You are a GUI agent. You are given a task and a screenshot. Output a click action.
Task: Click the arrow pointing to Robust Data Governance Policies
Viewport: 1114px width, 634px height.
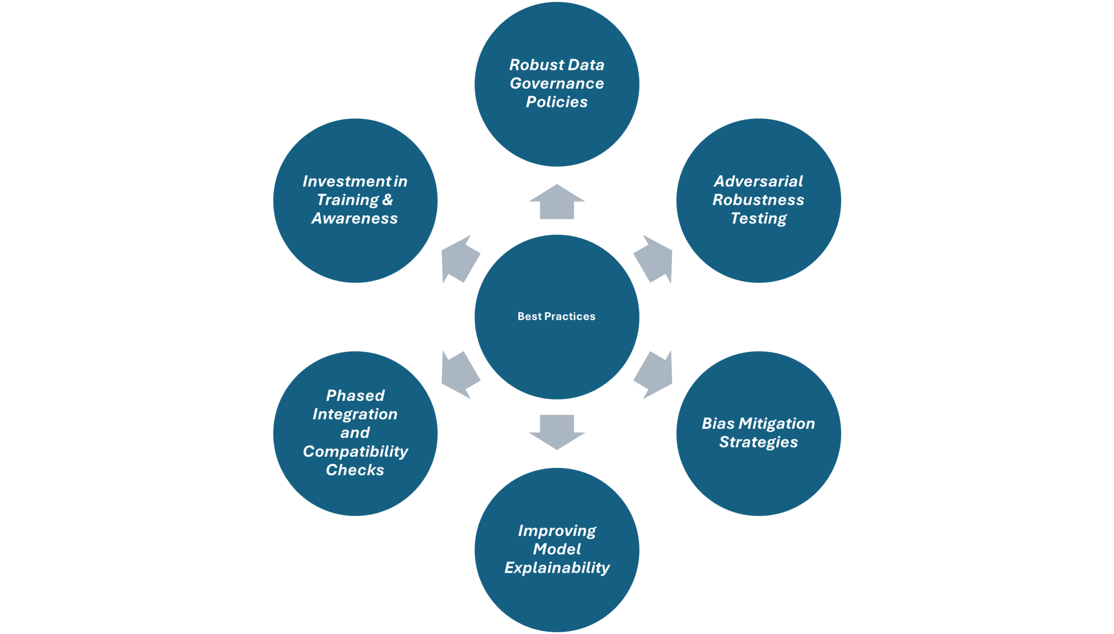(557, 202)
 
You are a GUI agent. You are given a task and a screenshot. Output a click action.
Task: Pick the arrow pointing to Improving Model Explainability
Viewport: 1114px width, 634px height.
(557, 432)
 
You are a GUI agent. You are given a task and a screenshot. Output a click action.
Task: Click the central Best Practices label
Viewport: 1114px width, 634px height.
(556, 316)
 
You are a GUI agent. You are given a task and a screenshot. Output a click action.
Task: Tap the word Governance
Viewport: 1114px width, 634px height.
(557, 83)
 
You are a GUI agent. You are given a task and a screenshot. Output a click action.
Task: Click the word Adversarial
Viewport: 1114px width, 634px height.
(758, 181)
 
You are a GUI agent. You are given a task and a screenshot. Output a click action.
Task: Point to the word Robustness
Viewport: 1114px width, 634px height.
(758, 200)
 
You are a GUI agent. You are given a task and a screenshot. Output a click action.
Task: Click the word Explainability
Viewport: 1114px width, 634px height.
(557, 568)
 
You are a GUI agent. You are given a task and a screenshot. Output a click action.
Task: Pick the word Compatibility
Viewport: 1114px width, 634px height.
(355, 452)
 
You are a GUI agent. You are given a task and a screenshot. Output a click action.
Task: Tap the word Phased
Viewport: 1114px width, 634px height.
(355, 396)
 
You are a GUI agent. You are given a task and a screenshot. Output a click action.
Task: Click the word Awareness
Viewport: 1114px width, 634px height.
(355, 218)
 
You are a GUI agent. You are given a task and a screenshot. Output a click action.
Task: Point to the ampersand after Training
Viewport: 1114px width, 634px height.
(387, 200)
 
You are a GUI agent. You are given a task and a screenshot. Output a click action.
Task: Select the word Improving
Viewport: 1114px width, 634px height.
(557, 531)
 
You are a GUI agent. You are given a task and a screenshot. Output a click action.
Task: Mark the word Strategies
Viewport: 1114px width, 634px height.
(758, 442)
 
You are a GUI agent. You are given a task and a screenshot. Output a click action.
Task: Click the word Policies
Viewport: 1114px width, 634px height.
(557, 102)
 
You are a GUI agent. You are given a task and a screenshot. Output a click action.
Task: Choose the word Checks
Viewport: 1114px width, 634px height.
(355, 470)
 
